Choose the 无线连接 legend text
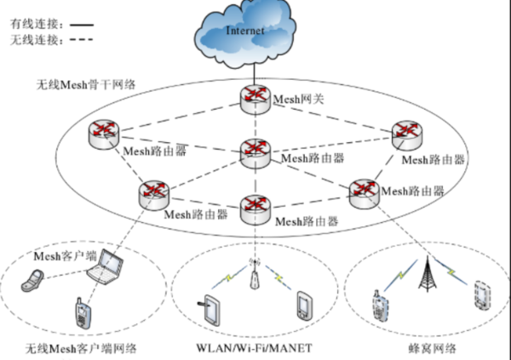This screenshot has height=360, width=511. (x=31, y=37)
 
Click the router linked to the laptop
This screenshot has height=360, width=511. (x=153, y=192)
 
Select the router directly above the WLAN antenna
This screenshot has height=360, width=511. (x=255, y=208)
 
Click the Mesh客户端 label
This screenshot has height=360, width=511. (x=63, y=255)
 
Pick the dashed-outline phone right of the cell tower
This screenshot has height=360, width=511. (x=482, y=294)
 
